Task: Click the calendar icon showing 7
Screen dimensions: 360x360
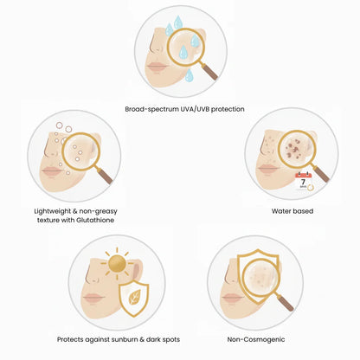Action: tap(304, 182)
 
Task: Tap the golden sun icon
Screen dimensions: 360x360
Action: tap(117, 263)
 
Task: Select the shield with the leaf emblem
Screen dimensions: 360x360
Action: tap(134, 299)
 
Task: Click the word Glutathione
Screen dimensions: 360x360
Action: tap(95, 220)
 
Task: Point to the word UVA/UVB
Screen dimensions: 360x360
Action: tap(195, 109)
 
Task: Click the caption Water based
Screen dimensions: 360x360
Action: tap(292, 211)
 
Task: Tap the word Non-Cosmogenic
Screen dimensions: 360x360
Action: tap(256, 339)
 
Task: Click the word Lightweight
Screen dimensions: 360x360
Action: tap(53, 211)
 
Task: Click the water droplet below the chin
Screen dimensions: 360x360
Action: tap(189, 75)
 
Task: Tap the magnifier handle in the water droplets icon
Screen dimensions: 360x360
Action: tap(209, 72)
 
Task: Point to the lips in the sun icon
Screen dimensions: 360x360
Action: tap(93, 298)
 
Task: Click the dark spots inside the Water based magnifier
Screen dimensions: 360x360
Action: tap(293, 150)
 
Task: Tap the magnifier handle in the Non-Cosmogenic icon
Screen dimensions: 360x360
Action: tap(284, 302)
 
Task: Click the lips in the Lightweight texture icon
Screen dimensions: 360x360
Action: tap(52, 170)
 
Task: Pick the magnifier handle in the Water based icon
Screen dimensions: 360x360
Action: tap(320, 174)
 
